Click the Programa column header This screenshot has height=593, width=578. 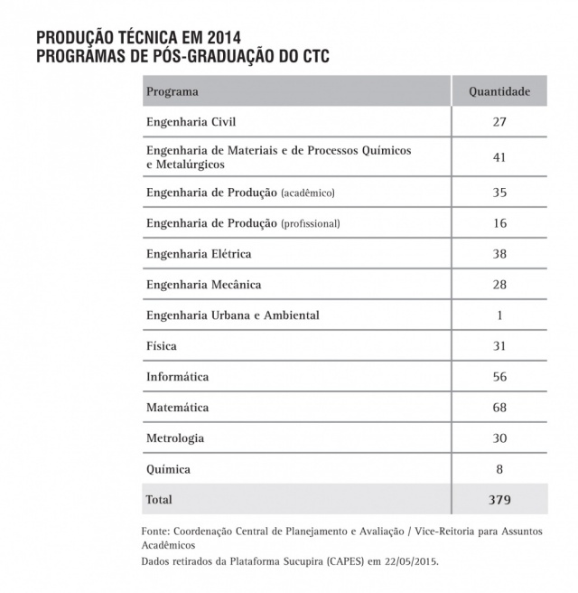pos(172,91)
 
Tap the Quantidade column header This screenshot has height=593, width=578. pos(499,91)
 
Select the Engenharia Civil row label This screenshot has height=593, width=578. pos(191,121)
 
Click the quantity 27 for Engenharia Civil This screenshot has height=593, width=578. pos(499,121)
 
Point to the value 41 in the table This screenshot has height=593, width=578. pos(499,157)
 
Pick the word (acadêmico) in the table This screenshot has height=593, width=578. pos(312,193)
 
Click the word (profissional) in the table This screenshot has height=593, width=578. pos(315,224)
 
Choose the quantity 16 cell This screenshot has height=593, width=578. pos(499,224)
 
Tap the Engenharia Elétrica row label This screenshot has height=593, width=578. pos(199,254)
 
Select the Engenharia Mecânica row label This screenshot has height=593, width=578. pos(204,285)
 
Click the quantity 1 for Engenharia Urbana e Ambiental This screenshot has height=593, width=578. pos(499,315)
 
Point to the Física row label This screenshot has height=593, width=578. pos(162,346)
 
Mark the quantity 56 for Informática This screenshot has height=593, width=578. pos(499,377)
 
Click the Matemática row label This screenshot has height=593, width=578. pos(178,408)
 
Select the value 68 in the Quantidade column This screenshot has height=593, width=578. pos(499,408)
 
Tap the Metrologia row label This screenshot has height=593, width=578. pos(175,438)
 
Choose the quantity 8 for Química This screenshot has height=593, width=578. pos(499,469)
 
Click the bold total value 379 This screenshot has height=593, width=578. pos(499,499)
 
